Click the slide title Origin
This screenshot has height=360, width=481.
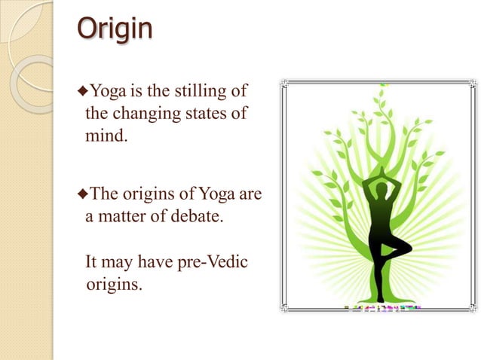click(115, 30)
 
